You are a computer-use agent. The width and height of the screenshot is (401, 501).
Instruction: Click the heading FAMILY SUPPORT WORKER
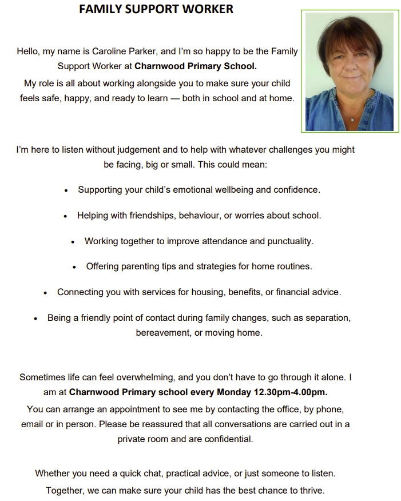tap(156, 10)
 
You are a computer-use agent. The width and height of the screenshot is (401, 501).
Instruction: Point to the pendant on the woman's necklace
tap(352, 119)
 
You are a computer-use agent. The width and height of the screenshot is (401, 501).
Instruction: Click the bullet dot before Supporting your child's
tap(67, 190)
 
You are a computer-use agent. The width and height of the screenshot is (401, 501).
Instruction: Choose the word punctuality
tap(291, 241)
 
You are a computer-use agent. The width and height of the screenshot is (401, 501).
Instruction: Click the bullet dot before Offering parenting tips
tap(75, 267)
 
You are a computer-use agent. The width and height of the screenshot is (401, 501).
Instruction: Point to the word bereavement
tap(163, 332)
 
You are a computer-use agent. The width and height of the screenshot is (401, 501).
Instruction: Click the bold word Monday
tap(233, 392)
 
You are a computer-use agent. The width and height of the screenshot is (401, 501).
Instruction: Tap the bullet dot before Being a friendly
tap(36, 318)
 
